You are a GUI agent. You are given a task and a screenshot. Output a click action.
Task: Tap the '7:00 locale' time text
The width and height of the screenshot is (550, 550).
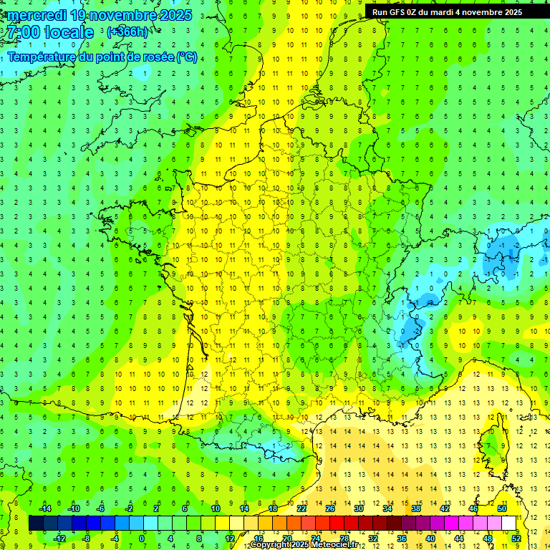click(49, 32)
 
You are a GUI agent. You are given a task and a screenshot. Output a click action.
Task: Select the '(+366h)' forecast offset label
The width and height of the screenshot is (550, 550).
click(127, 32)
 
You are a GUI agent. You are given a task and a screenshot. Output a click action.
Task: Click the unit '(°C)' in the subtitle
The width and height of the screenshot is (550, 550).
click(187, 57)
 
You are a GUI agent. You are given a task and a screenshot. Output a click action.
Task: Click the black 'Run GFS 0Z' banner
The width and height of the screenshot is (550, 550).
click(447, 11)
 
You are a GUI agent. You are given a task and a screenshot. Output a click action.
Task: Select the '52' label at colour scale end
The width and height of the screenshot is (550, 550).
click(516, 539)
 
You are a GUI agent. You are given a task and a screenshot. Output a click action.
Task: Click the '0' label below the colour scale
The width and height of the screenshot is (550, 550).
click(142, 539)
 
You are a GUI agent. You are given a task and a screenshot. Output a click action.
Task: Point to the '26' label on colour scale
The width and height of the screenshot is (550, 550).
click(330, 508)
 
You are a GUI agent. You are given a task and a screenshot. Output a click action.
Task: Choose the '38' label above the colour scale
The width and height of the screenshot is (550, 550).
click(416, 508)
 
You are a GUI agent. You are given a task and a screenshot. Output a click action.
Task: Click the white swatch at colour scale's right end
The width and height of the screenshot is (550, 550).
click(509, 524)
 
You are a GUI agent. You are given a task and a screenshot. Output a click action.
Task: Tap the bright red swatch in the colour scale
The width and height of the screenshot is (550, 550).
click(337, 524)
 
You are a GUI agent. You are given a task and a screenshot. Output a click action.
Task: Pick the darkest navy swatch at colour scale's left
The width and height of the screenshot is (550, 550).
click(36, 524)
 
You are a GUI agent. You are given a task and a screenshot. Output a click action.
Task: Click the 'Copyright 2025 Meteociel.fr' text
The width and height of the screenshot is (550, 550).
click(309, 545)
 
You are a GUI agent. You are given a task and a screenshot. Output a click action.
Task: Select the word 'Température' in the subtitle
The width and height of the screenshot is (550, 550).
click(43, 57)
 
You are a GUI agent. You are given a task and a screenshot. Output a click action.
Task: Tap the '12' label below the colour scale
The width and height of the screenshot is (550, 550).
click(230, 539)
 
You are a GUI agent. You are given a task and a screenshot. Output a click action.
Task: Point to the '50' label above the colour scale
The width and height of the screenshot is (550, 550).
click(502, 508)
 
